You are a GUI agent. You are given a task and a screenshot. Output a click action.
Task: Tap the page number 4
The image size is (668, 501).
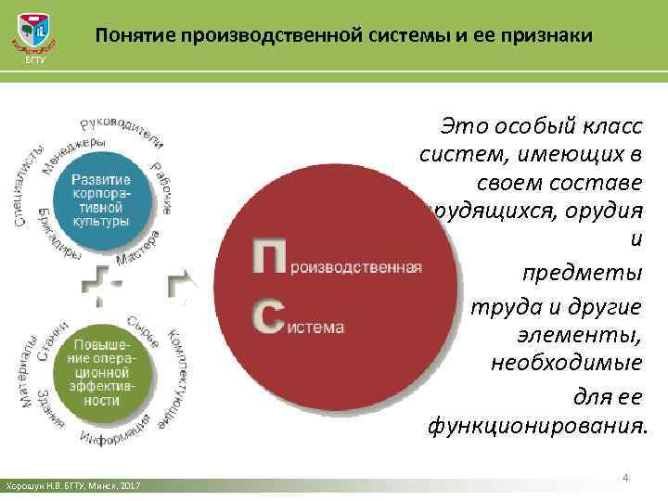pyautogui.click(x=625, y=477)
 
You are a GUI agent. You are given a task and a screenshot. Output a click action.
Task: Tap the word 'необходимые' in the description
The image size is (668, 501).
pyautogui.click(x=566, y=365)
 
